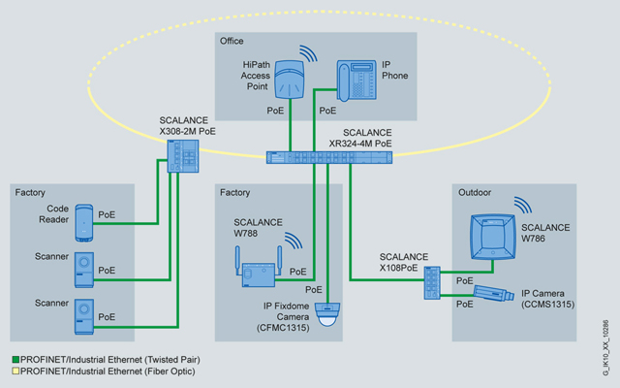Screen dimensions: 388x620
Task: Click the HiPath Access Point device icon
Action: tap(291, 79)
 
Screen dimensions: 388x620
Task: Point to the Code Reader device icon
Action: tap(84, 222)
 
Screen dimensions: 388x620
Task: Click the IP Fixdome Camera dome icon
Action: tap(330, 312)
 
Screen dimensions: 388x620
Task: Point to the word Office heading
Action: tap(232, 41)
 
